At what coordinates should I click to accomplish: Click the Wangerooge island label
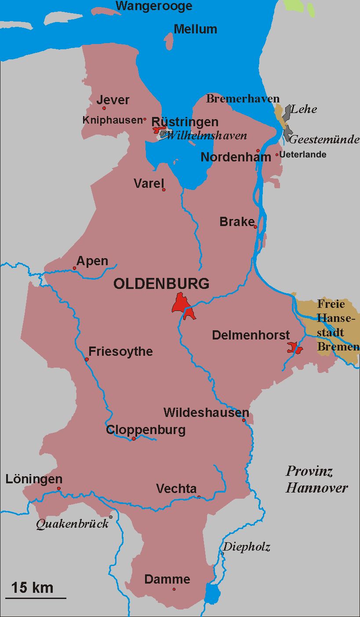coord(154,6)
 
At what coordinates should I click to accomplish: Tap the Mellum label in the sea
coord(195,29)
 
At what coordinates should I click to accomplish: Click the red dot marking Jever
coord(104,108)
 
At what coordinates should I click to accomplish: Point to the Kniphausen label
coord(112,120)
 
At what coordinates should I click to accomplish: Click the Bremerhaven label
coord(243,99)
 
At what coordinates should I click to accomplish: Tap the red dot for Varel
coord(164,190)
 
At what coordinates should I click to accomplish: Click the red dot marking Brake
coord(255,227)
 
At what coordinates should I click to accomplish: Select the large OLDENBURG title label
coord(161,284)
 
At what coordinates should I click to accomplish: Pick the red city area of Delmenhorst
coord(294,347)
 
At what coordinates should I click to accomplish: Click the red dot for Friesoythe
coord(87,359)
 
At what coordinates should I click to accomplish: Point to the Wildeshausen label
coord(206,413)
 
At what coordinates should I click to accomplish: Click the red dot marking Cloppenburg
coord(134,438)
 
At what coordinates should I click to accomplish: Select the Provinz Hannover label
coord(316,479)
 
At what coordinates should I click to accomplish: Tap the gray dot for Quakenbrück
coord(111,517)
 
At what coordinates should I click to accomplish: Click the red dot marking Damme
coord(174,589)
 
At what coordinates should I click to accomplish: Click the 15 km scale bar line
coord(36,598)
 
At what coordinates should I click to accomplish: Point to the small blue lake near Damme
coord(213,594)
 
